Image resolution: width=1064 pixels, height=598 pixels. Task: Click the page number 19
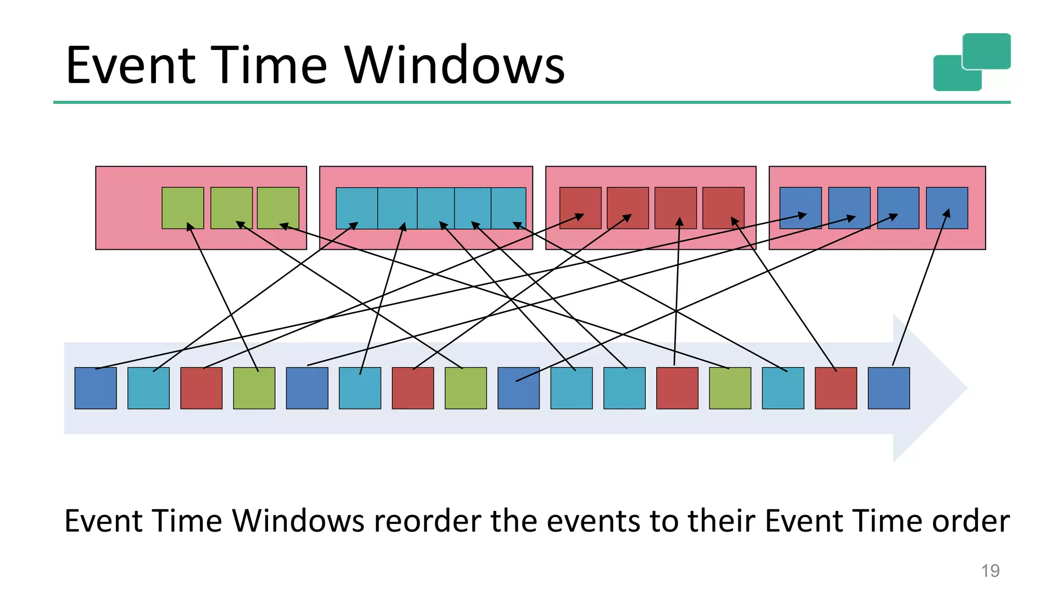point(990,570)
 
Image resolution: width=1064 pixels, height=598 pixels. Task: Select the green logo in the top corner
point(972,62)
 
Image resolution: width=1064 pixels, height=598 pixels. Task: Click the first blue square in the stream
point(96,388)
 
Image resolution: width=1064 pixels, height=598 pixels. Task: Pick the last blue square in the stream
point(888,388)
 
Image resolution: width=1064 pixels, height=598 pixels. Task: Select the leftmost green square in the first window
point(182,208)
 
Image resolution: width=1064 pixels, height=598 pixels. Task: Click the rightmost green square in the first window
point(278,208)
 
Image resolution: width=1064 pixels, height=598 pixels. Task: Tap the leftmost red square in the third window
point(580,208)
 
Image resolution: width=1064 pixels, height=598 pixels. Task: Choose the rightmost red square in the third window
point(723,208)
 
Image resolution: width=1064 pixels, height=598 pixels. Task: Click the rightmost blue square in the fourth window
point(947,208)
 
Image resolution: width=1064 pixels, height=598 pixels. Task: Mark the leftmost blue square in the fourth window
point(801,208)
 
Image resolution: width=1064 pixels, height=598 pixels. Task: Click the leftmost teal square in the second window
point(356,208)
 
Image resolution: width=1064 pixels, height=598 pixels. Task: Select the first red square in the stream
point(201,388)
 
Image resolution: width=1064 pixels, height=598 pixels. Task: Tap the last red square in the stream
point(835,388)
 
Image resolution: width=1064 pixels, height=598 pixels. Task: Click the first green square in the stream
point(254,388)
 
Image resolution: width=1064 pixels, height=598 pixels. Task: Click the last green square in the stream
point(730,388)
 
